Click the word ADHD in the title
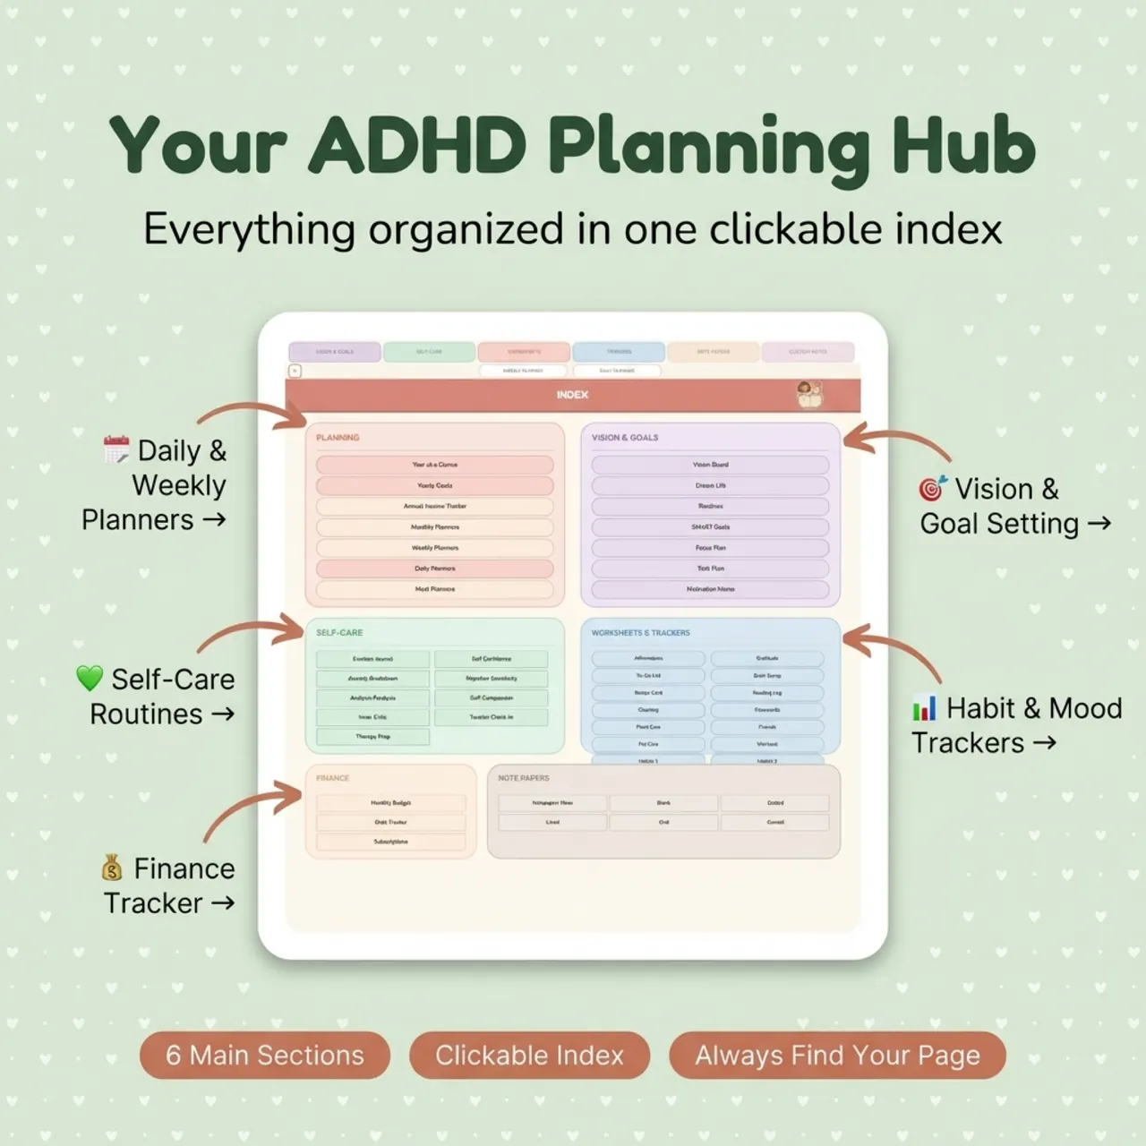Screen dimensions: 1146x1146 [x=417, y=145]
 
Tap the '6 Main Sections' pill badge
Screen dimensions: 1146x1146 [x=265, y=1055]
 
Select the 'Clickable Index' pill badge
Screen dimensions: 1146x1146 [x=529, y=1055]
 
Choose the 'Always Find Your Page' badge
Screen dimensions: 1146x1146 [x=837, y=1055]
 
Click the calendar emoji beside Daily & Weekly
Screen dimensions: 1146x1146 [x=116, y=449]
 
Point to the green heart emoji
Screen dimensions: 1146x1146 [x=90, y=679]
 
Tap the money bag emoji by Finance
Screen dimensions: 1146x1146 [x=112, y=868]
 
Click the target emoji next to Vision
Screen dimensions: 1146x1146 [x=933, y=488]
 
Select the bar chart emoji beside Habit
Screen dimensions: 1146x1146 [x=924, y=708]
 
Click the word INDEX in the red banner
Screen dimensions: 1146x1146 [x=572, y=395]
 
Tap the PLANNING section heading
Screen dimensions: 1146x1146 [x=338, y=438]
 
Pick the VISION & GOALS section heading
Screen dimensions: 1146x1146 [x=625, y=438]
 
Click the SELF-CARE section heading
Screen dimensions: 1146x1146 [x=339, y=632]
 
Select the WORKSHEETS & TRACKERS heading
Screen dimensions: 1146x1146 [x=640, y=632]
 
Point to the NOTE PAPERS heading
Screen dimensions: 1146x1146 [x=524, y=778]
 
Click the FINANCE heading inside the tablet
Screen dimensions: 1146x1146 [x=332, y=778]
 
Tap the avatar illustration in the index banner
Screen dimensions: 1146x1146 [x=809, y=394]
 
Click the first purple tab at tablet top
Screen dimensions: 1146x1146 [x=334, y=352]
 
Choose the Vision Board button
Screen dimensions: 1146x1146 [x=710, y=465]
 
